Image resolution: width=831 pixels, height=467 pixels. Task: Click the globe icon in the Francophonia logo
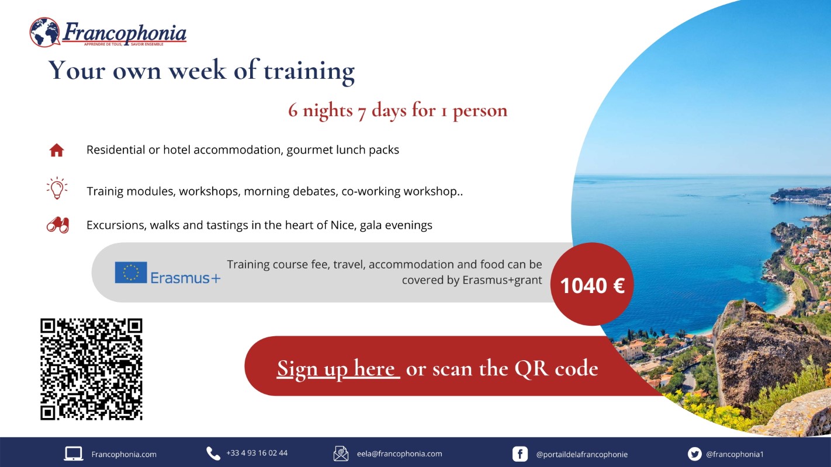(x=45, y=32)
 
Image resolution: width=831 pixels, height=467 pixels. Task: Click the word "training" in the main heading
(x=309, y=71)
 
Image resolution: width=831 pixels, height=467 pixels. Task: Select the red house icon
(x=57, y=150)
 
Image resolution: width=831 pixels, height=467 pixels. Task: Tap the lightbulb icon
(x=57, y=188)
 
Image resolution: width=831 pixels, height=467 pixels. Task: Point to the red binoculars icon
(x=58, y=225)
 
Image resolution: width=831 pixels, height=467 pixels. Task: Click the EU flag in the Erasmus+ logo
(x=130, y=273)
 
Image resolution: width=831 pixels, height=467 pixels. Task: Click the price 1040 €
(x=592, y=286)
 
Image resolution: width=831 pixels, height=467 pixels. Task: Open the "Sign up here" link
(x=338, y=368)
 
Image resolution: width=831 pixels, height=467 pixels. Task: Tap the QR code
(x=91, y=369)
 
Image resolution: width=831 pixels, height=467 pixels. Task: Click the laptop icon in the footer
(x=74, y=454)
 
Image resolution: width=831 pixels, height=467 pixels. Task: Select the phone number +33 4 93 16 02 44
(x=257, y=453)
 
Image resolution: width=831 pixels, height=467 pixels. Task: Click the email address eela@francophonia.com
(x=400, y=454)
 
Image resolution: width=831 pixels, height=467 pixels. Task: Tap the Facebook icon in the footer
(x=520, y=454)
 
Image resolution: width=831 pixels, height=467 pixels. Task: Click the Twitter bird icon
(x=694, y=454)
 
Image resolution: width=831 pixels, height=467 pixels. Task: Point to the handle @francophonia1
(x=735, y=454)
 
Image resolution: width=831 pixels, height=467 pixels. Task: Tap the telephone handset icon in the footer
(x=213, y=454)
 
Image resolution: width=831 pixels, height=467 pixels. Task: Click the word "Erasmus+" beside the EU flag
(x=185, y=278)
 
